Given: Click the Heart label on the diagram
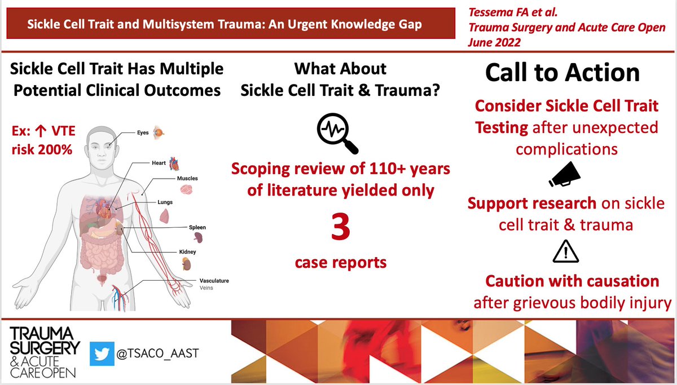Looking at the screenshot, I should pos(159,163).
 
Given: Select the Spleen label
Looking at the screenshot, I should pos(197,228).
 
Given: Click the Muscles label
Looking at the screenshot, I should pos(187,178).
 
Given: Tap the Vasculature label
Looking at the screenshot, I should pos(214,280).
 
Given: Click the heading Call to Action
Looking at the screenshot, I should pos(562,73).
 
